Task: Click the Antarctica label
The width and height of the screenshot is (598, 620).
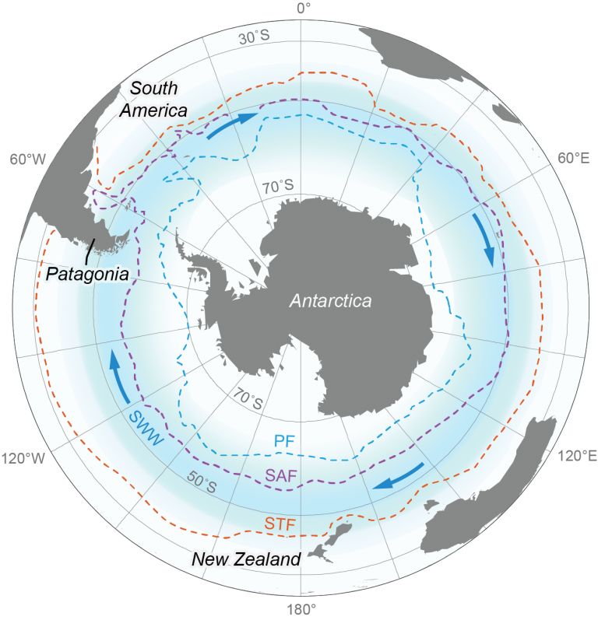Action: point(331,300)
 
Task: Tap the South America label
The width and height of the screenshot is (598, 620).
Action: point(159,99)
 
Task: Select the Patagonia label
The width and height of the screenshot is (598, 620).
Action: point(86,274)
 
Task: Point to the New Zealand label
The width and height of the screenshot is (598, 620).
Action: point(246,559)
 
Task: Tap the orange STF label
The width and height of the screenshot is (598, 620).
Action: point(280,525)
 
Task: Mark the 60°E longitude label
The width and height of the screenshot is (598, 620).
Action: point(572,159)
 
